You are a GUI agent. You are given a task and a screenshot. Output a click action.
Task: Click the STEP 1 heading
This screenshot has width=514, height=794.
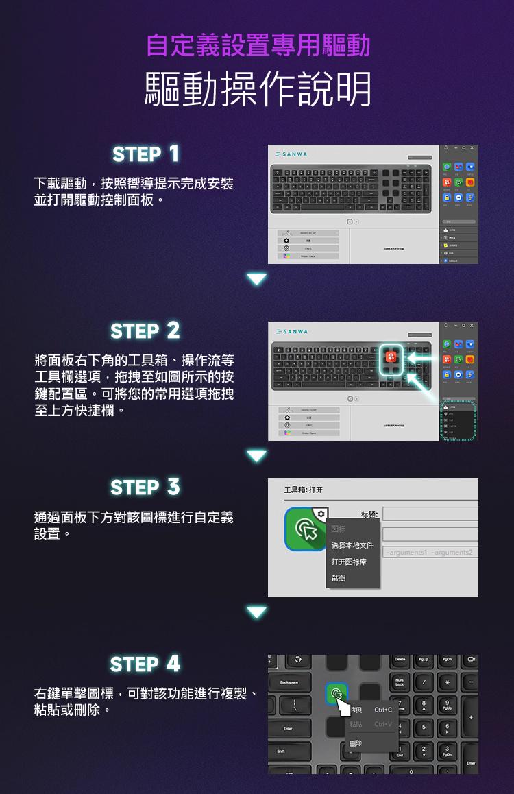pos(145,154)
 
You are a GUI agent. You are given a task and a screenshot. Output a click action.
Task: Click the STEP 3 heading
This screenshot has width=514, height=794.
pos(145,488)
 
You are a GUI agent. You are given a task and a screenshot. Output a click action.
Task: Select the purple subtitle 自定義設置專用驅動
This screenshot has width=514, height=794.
pos(258,45)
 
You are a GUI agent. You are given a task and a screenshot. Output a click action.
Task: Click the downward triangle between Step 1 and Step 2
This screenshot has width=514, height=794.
pos(257,279)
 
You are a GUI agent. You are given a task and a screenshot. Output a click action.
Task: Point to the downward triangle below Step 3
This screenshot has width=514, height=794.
pos(257,612)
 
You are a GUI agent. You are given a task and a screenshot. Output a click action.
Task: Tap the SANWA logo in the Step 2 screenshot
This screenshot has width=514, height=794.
pos(291,332)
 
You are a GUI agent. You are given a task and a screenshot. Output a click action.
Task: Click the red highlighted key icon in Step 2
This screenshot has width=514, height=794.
pos(391,357)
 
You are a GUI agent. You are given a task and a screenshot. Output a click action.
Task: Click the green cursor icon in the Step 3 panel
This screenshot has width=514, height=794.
pos(306,529)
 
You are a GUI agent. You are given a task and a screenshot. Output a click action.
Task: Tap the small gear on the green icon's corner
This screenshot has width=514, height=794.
pos(321,513)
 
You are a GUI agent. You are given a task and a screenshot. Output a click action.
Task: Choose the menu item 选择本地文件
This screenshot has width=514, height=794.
pos(352,546)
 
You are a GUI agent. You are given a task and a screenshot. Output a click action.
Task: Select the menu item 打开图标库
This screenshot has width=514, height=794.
pos(348,562)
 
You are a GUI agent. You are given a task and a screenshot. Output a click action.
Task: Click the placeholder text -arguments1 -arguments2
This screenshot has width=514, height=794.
pos(430,553)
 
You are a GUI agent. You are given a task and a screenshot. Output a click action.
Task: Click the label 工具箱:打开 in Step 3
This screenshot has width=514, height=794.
pos(304,490)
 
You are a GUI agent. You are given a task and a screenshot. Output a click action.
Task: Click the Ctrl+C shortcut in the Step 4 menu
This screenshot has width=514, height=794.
pos(383,710)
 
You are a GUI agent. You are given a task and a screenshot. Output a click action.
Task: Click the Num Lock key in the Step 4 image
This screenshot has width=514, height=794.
pos(400,684)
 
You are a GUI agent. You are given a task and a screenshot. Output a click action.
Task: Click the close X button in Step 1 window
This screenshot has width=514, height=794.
pos(472,149)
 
